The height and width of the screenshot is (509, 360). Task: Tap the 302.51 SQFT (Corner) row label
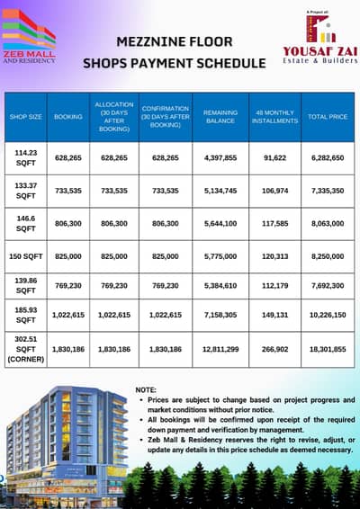[26, 349]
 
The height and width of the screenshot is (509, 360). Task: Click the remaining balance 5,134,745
[221, 191]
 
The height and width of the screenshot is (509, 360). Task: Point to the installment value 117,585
[276, 223]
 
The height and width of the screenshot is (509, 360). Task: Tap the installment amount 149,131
[276, 317]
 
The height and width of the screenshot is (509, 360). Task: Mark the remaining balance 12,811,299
[221, 349]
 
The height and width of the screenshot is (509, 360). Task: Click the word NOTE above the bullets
[146, 388]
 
